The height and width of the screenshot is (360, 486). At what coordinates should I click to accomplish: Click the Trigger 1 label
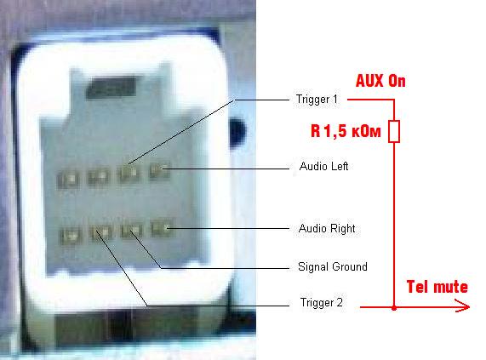[317, 100]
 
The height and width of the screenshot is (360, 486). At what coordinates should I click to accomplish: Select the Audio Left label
[323, 166]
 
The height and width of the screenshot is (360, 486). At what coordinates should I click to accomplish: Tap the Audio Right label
[327, 229]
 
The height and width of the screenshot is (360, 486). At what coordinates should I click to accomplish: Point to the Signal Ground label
[333, 266]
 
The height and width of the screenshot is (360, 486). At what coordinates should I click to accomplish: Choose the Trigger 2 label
[322, 302]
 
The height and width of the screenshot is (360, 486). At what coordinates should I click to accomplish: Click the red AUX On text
[380, 81]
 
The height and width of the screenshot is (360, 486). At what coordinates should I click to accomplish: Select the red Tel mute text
[437, 287]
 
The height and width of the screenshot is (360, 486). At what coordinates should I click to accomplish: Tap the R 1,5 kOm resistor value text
[346, 131]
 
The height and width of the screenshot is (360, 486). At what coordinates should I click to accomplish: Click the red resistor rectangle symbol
[394, 131]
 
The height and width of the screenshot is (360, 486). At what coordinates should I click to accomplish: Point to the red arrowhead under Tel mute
[463, 306]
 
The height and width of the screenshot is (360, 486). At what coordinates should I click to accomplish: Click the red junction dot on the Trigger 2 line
[394, 307]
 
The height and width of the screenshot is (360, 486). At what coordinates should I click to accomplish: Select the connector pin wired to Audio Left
[159, 169]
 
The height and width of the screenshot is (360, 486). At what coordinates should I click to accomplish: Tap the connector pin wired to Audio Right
[162, 228]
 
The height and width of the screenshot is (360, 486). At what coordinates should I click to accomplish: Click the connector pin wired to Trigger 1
[129, 172]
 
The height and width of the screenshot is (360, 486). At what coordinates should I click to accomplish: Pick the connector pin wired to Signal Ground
[132, 230]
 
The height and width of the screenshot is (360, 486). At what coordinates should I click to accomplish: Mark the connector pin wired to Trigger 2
[100, 232]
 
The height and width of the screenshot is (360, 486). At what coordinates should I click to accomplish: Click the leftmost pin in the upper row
[69, 180]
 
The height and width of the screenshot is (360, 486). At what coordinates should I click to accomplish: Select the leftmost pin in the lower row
[71, 236]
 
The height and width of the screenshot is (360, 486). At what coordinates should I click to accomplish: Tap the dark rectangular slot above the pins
[111, 88]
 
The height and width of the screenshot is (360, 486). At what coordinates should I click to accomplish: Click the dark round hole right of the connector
[237, 133]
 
